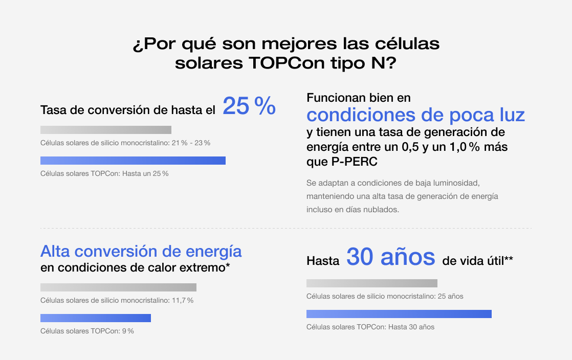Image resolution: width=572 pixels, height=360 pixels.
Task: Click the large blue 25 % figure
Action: tap(249, 106)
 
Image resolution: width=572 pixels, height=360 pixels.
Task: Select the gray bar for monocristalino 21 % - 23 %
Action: tap(106, 130)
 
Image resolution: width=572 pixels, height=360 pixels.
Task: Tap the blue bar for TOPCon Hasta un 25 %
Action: tap(133, 161)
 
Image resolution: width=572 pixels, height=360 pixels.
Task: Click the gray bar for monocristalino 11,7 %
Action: tap(118, 287)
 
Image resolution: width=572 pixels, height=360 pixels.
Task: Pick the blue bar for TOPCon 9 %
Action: tap(96, 318)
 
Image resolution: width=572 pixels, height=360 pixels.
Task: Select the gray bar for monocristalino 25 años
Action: tap(372, 283)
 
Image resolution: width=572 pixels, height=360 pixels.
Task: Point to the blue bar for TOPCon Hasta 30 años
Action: tap(399, 314)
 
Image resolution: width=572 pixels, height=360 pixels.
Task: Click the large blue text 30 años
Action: tap(391, 258)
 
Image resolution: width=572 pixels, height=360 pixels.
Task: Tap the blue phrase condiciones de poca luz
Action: tap(415, 115)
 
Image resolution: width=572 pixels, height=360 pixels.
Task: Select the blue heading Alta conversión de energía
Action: tap(141, 252)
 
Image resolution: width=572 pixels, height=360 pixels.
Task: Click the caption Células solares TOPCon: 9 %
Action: tap(87, 331)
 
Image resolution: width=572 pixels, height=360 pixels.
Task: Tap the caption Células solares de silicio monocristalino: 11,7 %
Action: tap(117, 300)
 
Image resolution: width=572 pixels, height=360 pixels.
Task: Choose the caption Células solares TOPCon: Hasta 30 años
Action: tap(370, 327)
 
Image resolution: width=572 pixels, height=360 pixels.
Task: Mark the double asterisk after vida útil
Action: tap(509, 260)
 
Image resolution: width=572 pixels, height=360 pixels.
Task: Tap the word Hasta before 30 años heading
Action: tap(323, 261)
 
